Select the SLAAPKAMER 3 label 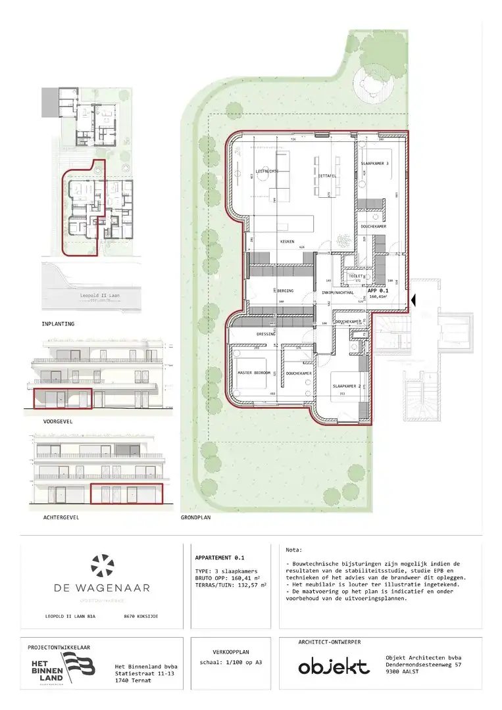[x=375, y=163]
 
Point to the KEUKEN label [x=287, y=242]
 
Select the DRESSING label [x=266, y=334]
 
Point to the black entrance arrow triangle [x=413, y=300]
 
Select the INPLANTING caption [x=58, y=324]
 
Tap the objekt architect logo [x=334, y=667]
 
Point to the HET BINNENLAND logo [x=63, y=668]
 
